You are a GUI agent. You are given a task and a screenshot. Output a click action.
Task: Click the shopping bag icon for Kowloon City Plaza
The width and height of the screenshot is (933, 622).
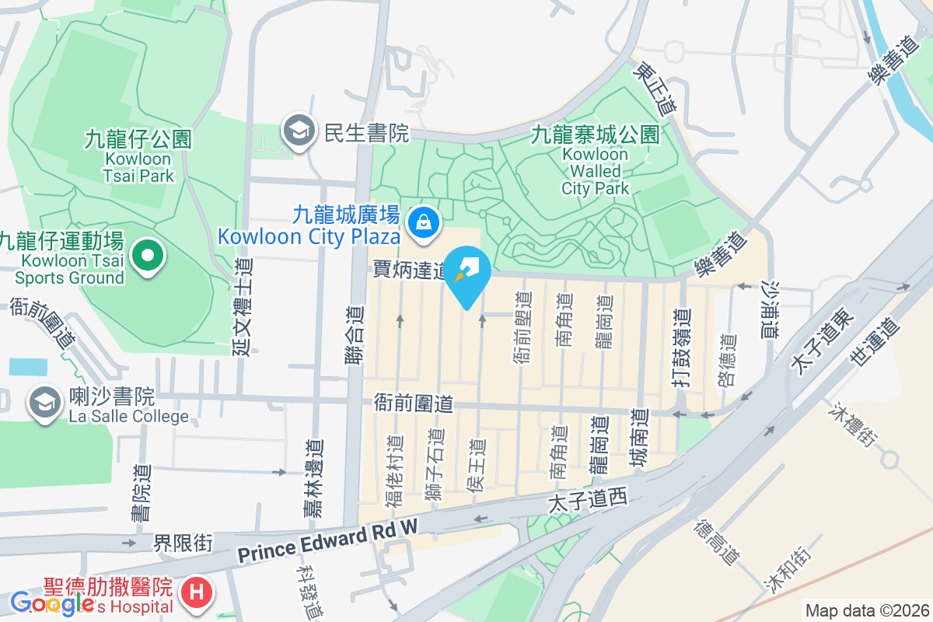coord(424,222)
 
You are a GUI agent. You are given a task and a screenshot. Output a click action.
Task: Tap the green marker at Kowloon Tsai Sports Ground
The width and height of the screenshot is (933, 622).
coord(147,255)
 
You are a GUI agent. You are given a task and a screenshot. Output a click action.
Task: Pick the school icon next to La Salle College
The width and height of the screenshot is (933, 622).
coord(45,402)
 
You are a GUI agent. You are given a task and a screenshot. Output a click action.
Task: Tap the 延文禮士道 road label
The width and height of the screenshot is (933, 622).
coord(243,307)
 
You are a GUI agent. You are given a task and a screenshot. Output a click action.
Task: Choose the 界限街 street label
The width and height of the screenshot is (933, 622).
coord(183,543)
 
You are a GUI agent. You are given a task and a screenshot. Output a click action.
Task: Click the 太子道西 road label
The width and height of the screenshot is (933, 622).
coord(587,499)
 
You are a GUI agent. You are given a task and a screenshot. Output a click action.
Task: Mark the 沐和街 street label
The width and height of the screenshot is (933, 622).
coord(787,571)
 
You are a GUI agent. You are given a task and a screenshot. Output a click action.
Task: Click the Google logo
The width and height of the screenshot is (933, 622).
coord(51,603)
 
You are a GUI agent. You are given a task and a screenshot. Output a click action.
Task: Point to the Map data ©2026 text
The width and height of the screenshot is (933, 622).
coord(866,610)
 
